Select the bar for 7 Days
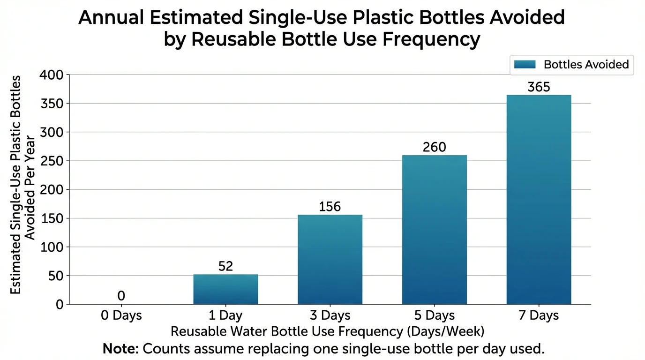click(539, 200)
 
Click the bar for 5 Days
click(434, 230)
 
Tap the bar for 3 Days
click(330, 259)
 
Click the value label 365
click(539, 87)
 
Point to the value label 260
click(434, 147)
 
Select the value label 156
click(330, 207)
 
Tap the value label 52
click(225, 266)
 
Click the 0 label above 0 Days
click(121, 296)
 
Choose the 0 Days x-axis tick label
click(121, 315)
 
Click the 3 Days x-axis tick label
click(330, 315)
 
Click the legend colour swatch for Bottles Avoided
click(524, 65)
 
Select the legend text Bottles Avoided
click(586, 65)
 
